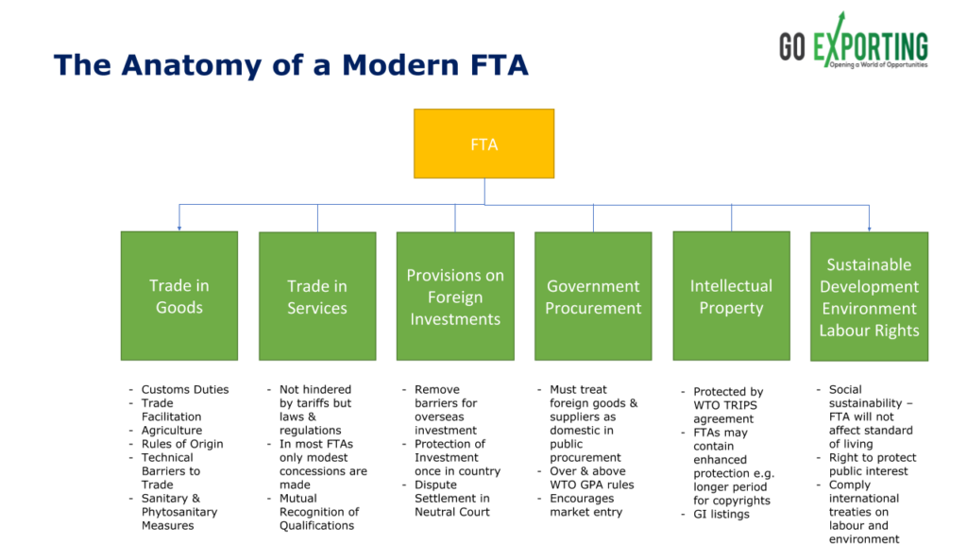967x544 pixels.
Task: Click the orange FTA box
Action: coord(483,144)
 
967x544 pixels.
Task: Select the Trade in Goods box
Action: coord(178,296)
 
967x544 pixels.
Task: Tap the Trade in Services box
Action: coord(317,297)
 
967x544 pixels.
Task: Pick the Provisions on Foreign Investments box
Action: coord(455,296)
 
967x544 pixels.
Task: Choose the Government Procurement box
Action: coord(593,297)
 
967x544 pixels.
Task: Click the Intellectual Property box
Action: coord(731,296)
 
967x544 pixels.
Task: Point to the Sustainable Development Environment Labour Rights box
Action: coord(869,297)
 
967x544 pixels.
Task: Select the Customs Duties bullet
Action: coord(184,389)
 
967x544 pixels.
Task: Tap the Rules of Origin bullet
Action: coord(182,444)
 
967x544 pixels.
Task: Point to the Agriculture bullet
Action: coord(171,431)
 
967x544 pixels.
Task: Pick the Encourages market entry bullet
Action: coord(585,505)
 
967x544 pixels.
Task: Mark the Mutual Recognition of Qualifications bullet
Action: coord(318,512)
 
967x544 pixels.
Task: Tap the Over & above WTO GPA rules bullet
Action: coord(591,478)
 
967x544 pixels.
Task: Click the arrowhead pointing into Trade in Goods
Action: coord(178,228)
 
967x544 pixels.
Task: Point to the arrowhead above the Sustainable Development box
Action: coord(869,228)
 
